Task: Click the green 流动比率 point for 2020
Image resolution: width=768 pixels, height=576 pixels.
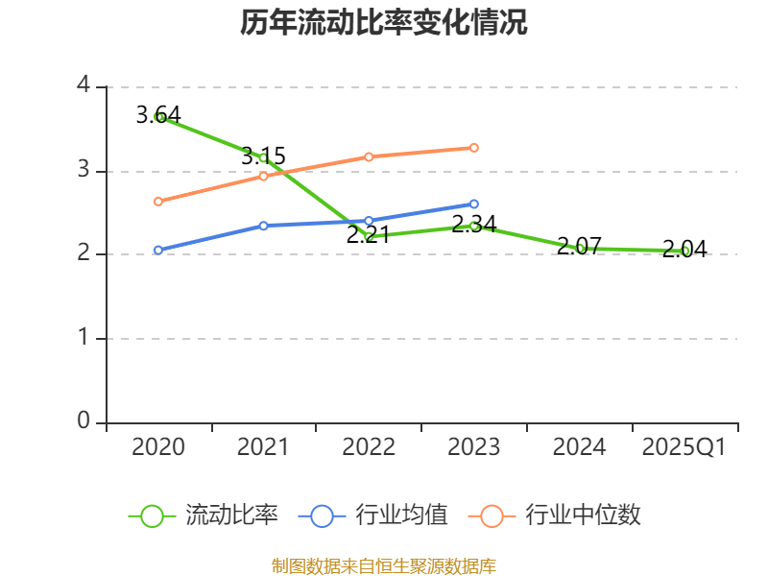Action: pyautogui.click(x=158, y=117)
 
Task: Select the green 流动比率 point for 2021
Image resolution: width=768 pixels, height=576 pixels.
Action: pyautogui.click(x=263, y=157)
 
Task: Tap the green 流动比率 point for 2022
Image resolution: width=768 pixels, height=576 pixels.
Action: pyautogui.click(x=369, y=236)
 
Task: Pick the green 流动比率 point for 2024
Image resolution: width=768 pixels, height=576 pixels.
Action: pyautogui.click(x=580, y=248)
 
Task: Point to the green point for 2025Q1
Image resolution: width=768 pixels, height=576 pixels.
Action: pyautogui.click(x=685, y=251)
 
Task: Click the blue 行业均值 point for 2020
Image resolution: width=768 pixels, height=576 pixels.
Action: pyautogui.click(x=158, y=250)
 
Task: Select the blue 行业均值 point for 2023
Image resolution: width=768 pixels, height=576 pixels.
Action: pyautogui.click(x=474, y=204)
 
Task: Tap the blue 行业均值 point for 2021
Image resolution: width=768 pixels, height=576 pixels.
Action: pyautogui.click(x=263, y=226)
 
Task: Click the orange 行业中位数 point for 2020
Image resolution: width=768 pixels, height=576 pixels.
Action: pyautogui.click(x=158, y=202)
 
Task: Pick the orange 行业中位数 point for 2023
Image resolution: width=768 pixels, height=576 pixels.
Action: pyautogui.click(x=474, y=148)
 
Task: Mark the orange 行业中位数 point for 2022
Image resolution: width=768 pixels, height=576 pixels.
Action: pyautogui.click(x=369, y=156)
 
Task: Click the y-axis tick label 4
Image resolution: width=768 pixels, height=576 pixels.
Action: pyautogui.click(x=84, y=86)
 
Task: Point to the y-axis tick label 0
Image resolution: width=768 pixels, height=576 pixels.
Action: pyautogui.click(x=84, y=421)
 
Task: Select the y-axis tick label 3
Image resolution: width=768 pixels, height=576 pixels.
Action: pyautogui.click(x=84, y=170)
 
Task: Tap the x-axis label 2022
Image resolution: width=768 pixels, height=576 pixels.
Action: pyautogui.click(x=369, y=447)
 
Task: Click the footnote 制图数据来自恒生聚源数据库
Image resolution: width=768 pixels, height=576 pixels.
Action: pyautogui.click(x=384, y=565)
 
